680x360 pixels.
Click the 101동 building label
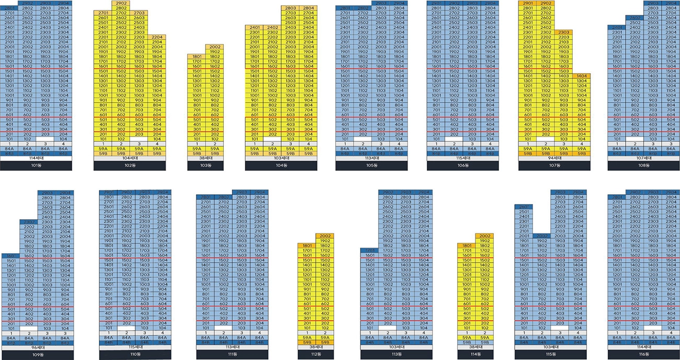click(x=36, y=166)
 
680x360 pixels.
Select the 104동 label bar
click(x=281, y=166)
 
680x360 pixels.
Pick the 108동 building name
click(x=644, y=166)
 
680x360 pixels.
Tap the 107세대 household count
click(x=644, y=159)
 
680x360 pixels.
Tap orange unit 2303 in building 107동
click(x=563, y=32)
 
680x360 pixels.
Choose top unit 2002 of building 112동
click(x=324, y=236)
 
